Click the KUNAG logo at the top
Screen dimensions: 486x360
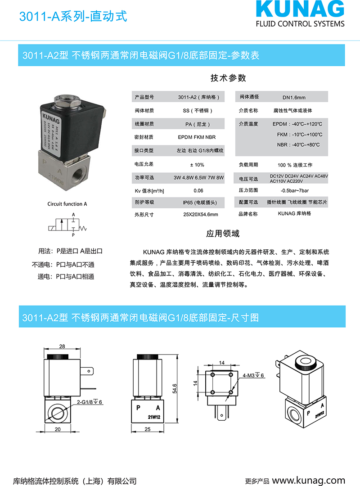pyautogui.click(x=300, y=10)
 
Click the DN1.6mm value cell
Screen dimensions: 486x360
pyautogui.click(x=294, y=98)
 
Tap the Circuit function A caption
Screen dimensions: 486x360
pyautogui.click(x=67, y=204)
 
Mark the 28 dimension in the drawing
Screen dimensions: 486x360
pyautogui.click(x=62, y=346)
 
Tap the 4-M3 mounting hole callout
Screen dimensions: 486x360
pyautogui.click(x=253, y=375)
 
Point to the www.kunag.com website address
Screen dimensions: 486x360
pyautogui.click(x=308, y=480)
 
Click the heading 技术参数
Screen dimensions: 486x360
pyautogui.click(x=228, y=78)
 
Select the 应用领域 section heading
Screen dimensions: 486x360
pyautogui.click(x=223, y=234)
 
